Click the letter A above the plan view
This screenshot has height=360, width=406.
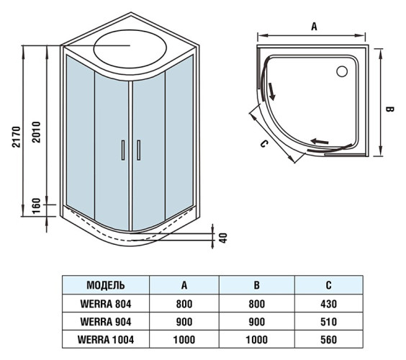click(x=314, y=26)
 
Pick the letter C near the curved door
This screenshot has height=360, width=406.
click(x=263, y=144)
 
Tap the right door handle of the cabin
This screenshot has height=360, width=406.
click(x=137, y=149)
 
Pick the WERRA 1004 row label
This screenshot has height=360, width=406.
click(x=106, y=338)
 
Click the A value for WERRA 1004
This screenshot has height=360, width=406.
click(x=184, y=338)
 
